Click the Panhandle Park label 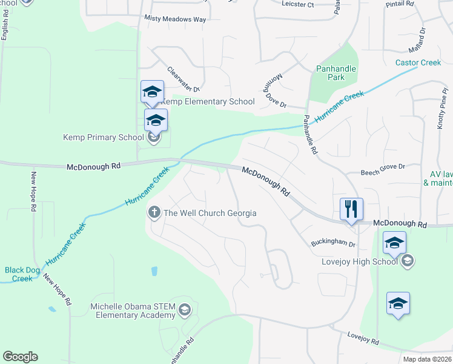(336, 73)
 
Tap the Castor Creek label (418, 62)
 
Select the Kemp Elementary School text (207, 101)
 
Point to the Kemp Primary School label (103, 137)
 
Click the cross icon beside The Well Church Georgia (154, 212)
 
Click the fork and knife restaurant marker (351, 209)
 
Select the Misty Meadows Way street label (175, 19)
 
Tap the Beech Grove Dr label (383, 166)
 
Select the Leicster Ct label (298, 4)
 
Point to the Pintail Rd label (399, 4)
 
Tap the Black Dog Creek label (18, 274)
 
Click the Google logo (20, 357)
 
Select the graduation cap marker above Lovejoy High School (394, 244)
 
